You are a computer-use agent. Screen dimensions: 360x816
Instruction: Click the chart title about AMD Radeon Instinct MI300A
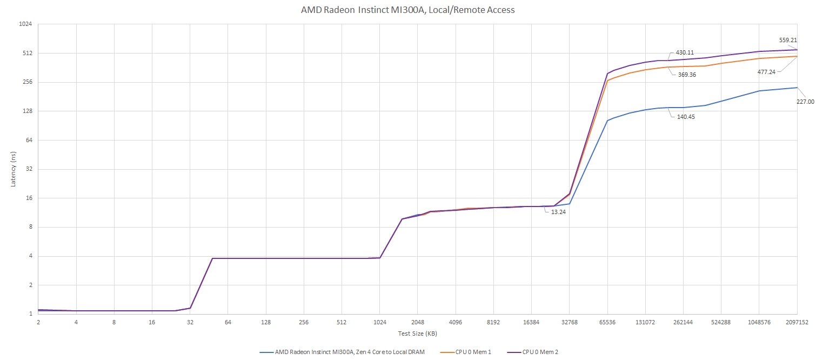click(407, 10)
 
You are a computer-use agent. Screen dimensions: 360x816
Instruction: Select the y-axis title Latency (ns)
click(13, 169)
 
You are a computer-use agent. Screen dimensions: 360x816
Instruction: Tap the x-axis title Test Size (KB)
click(417, 334)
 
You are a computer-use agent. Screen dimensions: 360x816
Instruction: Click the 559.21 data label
click(787, 40)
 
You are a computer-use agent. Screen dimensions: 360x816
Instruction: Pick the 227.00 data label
click(805, 102)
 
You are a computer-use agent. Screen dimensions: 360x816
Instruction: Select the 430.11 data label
click(684, 52)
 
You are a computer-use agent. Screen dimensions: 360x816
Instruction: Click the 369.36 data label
click(687, 75)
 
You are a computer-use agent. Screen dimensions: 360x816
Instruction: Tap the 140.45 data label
click(686, 117)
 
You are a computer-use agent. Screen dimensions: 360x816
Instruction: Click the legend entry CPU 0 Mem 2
click(540, 352)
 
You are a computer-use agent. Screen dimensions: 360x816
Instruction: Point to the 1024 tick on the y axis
click(25, 24)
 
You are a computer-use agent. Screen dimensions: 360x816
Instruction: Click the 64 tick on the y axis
click(29, 140)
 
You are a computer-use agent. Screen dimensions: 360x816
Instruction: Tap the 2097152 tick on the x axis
click(797, 322)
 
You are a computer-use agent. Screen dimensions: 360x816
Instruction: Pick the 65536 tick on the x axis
click(607, 322)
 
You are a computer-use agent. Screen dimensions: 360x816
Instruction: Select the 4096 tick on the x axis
click(456, 322)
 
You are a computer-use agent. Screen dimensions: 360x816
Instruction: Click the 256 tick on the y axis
click(27, 82)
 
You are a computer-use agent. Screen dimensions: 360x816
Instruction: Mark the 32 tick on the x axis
click(190, 322)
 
